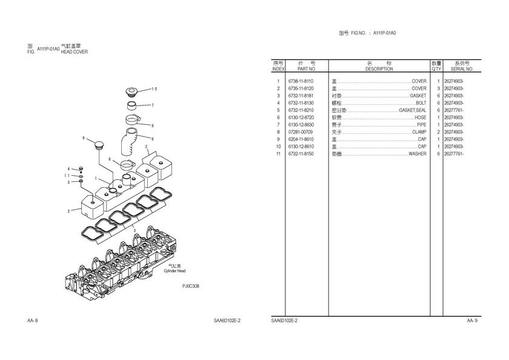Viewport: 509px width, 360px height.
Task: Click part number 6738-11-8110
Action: pyautogui.click(x=301, y=81)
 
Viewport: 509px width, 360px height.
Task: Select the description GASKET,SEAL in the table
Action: pyautogui.click(x=412, y=110)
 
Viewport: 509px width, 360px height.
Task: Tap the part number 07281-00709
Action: pyautogui.click(x=301, y=132)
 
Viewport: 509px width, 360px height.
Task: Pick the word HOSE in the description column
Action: pyautogui.click(x=421, y=118)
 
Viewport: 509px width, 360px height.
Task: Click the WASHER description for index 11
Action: pyautogui.click(x=418, y=154)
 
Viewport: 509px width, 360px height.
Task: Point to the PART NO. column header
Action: pyautogui.click(x=307, y=69)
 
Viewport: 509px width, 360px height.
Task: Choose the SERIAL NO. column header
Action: pyautogui.click(x=462, y=69)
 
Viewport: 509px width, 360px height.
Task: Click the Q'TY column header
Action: pyautogui.click(x=436, y=69)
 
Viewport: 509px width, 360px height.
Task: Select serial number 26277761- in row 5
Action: pyautogui.click(x=454, y=110)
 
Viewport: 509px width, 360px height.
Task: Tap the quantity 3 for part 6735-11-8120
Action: pyautogui.click(x=438, y=88)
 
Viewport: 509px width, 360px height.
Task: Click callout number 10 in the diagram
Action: pyautogui.click(x=154, y=89)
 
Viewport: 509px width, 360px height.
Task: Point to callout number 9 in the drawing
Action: pyautogui.click(x=84, y=138)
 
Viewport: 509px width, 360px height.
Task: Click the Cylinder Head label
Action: pyautogui.click(x=175, y=271)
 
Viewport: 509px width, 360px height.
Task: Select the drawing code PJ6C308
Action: pyautogui.click(x=190, y=286)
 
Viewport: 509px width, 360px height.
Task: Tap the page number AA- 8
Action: pyautogui.click(x=33, y=321)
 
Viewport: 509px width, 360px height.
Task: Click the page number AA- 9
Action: pyautogui.click(x=472, y=321)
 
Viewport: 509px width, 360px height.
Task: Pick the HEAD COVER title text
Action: pyautogui.click(x=75, y=52)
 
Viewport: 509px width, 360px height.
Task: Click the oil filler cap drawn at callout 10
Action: pyautogui.click(x=132, y=92)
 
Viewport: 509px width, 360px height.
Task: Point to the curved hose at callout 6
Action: pyautogui.click(x=129, y=141)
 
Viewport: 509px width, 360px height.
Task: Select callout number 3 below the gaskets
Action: pyautogui.click(x=135, y=230)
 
